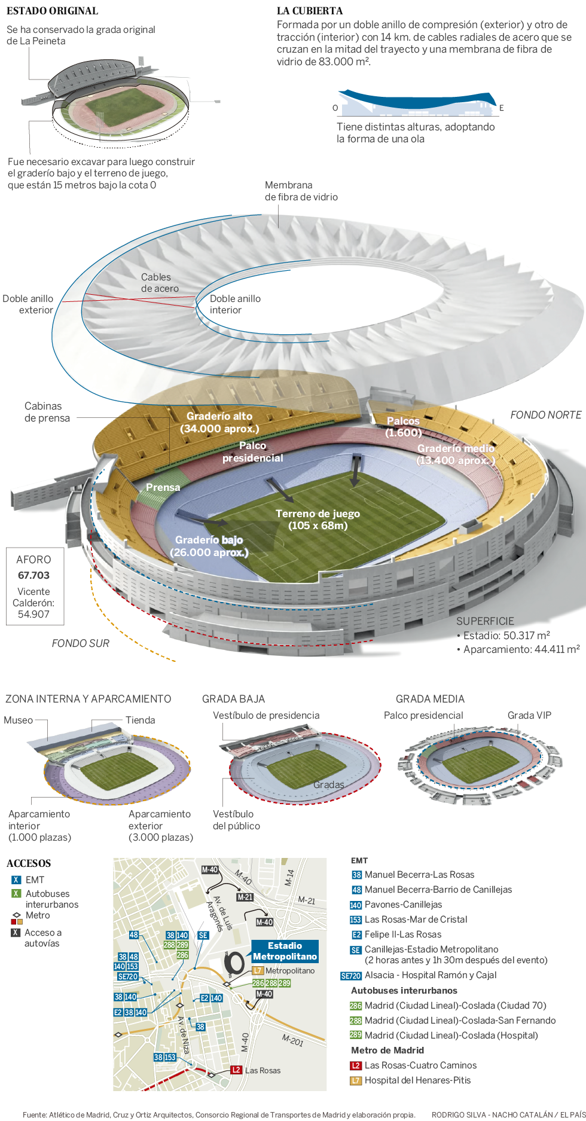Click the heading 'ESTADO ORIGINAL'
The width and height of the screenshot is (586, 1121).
point(52,11)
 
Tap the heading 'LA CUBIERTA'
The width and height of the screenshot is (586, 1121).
point(310,11)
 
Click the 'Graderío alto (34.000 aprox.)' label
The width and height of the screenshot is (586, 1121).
point(219,422)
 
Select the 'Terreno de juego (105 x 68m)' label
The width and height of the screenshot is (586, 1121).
point(318,520)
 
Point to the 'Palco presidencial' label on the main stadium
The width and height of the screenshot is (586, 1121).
point(252,451)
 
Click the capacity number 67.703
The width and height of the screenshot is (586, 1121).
point(33,575)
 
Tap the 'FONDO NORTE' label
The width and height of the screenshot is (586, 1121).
point(545,415)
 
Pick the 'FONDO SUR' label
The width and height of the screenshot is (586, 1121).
point(80,643)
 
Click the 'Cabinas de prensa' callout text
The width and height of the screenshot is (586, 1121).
point(47,412)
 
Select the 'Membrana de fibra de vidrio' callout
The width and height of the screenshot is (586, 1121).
point(301,191)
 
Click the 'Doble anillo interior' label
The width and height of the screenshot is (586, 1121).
point(235,304)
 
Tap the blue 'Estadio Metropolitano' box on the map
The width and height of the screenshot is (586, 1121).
point(285,951)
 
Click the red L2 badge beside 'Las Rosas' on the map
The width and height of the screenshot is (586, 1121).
point(236,1070)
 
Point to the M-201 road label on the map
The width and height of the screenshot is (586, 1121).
point(292,1040)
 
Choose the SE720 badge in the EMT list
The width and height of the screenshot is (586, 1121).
point(350,976)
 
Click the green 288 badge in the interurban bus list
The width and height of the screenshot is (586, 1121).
point(356,1021)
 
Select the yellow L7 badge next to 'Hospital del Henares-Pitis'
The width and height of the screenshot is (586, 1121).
point(356,1080)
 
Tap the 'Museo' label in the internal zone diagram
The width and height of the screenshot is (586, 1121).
point(18,720)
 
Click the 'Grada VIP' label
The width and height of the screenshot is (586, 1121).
point(529,715)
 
